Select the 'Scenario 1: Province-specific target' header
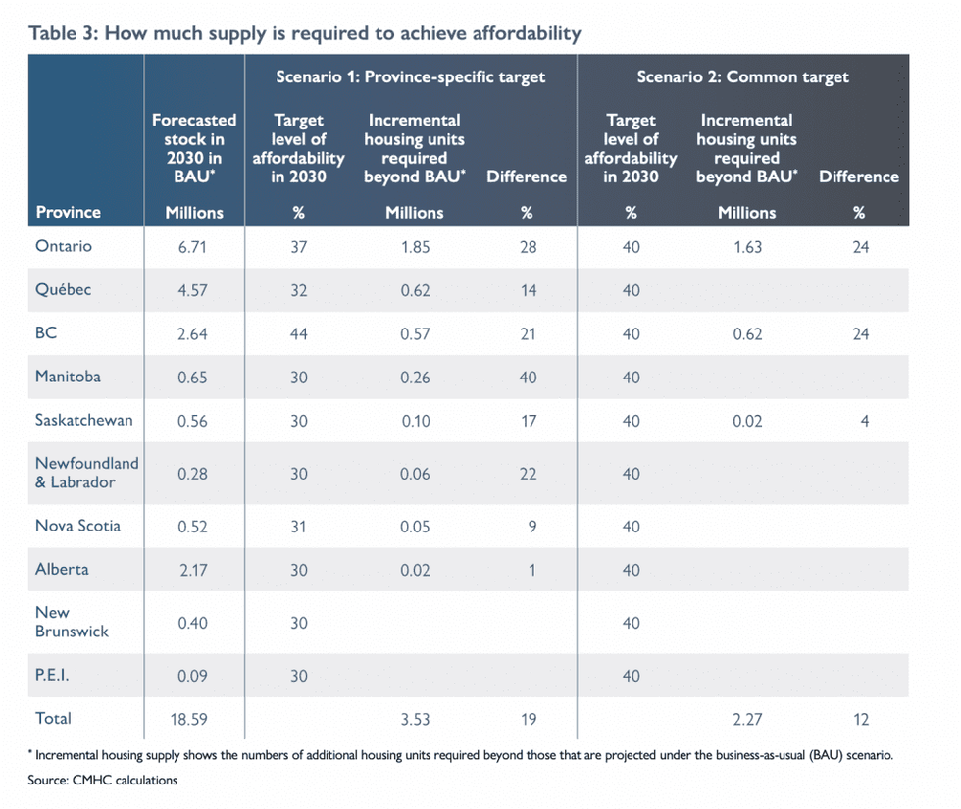coord(409,76)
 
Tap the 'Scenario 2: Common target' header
coord(742,76)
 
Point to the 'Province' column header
coord(68,212)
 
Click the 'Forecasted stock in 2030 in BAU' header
coord(194,148)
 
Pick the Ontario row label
coord(64,246)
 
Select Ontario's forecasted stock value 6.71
coord(194,247)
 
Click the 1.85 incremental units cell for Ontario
coord(414,247)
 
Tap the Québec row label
coord(64,290)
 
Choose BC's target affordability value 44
coord(298,334)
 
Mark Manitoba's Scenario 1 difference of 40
coord(528,378)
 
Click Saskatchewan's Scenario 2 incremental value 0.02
coord(746,421)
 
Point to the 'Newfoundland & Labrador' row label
coord(86,473)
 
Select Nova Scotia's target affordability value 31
coord(298,527)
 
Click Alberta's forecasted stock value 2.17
coord(194,570)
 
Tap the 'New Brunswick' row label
coord(72,622)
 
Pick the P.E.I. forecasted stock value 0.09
coord(194,676)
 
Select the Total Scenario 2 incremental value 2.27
coord(746,719)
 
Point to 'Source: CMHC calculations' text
coord(103,781)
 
